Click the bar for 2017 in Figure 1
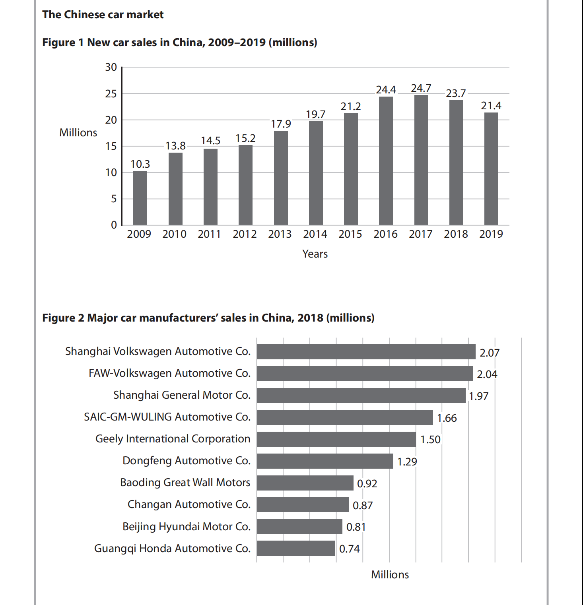[x=421, y=160]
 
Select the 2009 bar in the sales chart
[x=140, y=198]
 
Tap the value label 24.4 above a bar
[x=386, y=90]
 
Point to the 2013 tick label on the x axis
[x=280, y=234]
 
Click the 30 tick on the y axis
[x=111, y=67]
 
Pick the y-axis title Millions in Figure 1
[x=78, y=133]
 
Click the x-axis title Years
[x=315, y=254]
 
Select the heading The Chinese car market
[x=103, y=15]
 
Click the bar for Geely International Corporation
[x=336, y=439]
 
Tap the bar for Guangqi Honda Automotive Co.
[x=296, y=548]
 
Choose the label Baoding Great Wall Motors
[x=185, y=483]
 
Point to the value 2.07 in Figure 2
[x=490, y=353]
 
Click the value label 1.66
[x=447, y=418]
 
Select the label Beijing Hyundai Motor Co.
[x=187, y=527]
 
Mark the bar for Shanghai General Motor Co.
[x=361, y=396]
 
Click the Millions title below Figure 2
[x=390, y=575]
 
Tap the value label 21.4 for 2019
[x=491, y=106]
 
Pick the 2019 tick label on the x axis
[x=491, y=234]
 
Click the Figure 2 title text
[x=208, y=318]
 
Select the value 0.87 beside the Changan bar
[x=363, y=506]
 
